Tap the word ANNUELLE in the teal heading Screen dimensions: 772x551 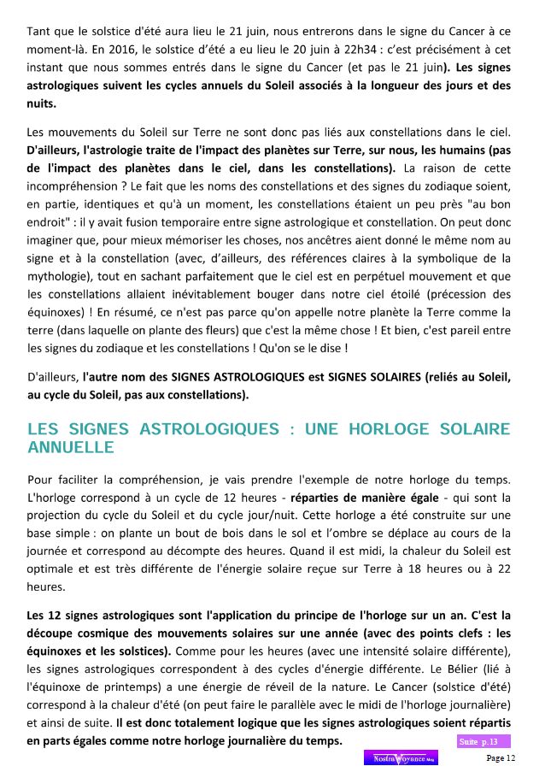click(71, 446)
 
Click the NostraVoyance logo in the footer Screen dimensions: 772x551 click(401, 758)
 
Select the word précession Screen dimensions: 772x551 click(440, 293)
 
